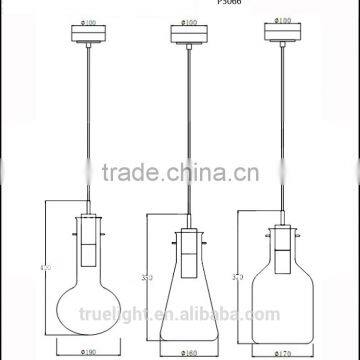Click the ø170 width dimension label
(x=283, y=352)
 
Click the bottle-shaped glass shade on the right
(x=283, y=295)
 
